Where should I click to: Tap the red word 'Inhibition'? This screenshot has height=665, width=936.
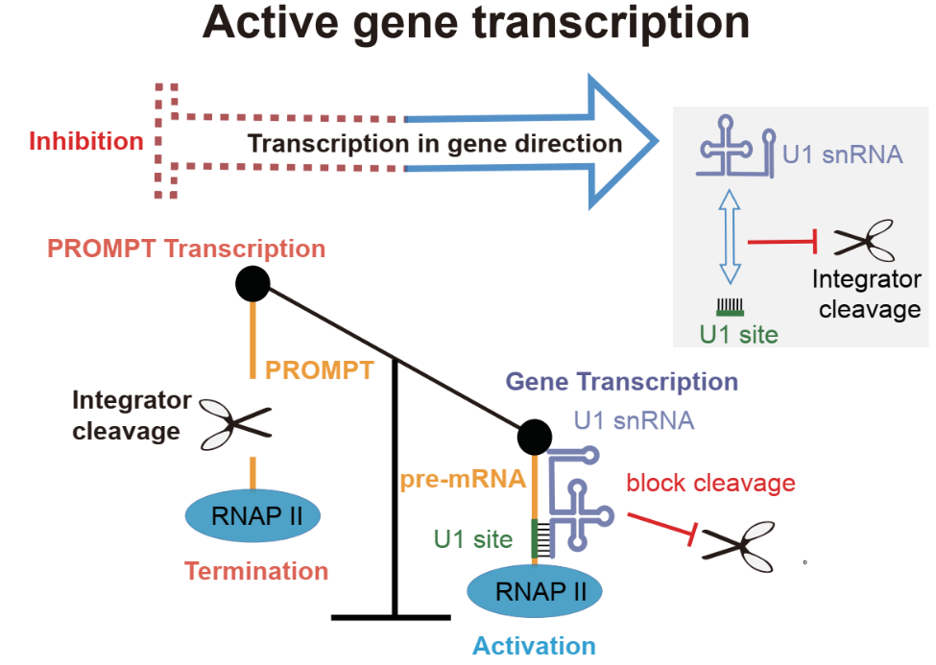point(86,142)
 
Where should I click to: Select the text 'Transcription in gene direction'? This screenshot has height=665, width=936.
point(435,144)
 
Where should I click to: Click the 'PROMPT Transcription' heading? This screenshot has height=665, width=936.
point(186,249)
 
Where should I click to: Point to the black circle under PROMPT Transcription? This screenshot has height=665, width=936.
point(253,284)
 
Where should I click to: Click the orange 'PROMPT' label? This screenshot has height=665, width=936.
point(319,369)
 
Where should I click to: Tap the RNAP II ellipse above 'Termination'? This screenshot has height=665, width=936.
point(252,516)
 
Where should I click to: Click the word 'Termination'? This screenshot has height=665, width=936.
point(256,572)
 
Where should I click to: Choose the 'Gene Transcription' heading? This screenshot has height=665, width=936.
point(621,381)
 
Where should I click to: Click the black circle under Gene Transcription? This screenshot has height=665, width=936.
point(534,438)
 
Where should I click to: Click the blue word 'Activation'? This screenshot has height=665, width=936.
point(534,645)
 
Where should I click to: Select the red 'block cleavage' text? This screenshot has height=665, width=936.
point(710,483)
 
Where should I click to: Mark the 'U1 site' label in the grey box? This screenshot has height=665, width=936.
point(736,335)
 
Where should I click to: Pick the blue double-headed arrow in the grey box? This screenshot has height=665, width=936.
point(732,234)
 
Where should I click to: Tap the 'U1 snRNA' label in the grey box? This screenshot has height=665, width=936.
point(842,154)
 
